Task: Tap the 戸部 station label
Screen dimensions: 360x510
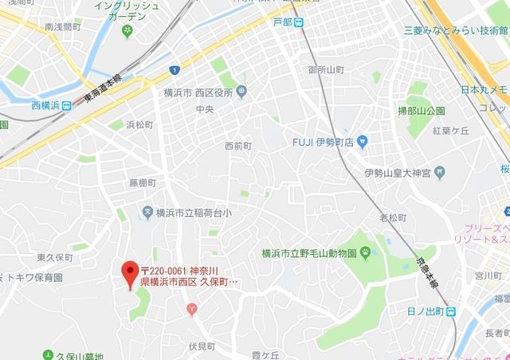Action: pos(282,22)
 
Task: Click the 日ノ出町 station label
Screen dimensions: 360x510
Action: pos(424,311)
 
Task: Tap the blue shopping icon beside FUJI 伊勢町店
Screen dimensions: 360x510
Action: pos(363,143)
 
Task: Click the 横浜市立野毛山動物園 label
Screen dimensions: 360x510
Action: pos(308,253)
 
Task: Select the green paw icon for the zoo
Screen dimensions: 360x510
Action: pos(364,253)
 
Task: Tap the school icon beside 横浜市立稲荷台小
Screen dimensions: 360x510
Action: pos(147,212)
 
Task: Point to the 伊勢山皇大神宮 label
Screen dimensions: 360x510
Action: pos(398,172)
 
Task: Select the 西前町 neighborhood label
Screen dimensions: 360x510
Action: pos(237,146)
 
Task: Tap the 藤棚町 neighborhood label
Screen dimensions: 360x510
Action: pos(143,182)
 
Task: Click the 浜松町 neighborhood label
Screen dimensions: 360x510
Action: pos(139,124)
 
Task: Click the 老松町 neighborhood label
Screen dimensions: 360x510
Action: pos(393,217)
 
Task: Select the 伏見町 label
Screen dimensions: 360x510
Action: pos(202,346)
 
